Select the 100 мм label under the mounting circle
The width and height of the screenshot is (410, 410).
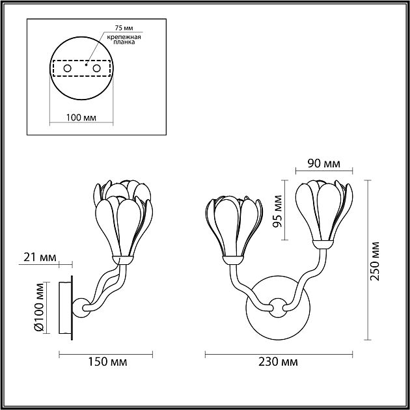click(x=81, y=118)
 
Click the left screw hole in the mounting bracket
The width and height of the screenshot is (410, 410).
click(x=66, y=68)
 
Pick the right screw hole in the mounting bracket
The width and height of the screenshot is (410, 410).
click(x=96, y=68)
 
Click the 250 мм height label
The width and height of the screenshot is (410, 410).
click(x=374, y=260)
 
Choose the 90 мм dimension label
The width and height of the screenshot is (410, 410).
click(x=324, y=163)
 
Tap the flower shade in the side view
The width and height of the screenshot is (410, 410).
click(x=125, y=221)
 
